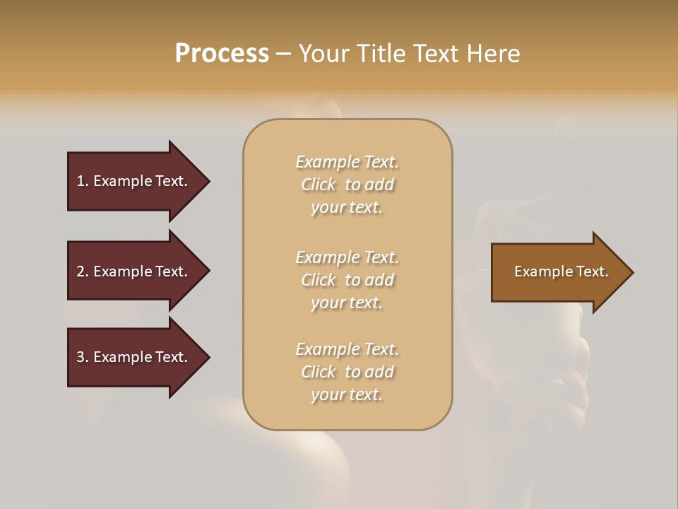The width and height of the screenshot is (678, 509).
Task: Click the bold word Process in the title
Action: coord(222,54)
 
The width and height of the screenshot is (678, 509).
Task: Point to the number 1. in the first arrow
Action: coord(83,181)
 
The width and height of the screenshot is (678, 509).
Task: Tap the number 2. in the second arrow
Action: coord(83,271)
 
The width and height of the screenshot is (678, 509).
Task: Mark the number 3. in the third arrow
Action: coord(83,357)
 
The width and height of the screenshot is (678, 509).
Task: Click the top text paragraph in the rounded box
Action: coord(347,185)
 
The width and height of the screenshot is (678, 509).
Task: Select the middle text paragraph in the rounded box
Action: coord(347,280)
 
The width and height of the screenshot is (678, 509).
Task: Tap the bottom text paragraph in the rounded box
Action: coord(347,372)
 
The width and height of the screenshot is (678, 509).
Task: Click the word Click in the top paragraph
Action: coord(319,185)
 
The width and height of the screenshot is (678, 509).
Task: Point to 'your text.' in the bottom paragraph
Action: coord(347,394)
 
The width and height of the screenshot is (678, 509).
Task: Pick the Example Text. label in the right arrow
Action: coord(561,271)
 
